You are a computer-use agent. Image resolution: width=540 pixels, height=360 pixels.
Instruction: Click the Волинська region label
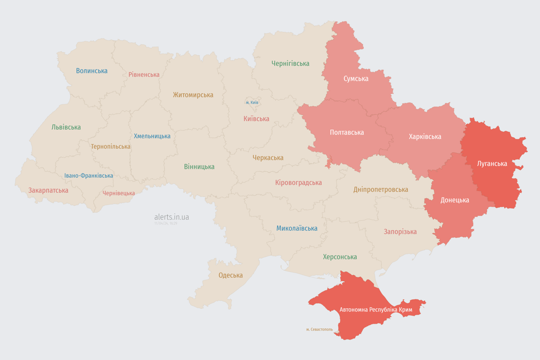pos(92,71)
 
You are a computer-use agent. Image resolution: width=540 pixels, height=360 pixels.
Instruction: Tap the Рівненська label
pos(144,75)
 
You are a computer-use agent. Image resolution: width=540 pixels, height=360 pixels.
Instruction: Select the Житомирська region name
pos(193,95)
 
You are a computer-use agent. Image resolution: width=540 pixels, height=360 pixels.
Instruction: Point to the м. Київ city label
pos(252,103)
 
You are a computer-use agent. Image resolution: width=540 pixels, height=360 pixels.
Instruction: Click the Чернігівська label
pos(290,63)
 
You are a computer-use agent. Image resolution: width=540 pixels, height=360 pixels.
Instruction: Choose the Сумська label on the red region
pos(356,79)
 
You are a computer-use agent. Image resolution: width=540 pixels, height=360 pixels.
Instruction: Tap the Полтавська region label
pos(347,133)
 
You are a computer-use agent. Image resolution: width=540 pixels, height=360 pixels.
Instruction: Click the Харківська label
pos(425,137)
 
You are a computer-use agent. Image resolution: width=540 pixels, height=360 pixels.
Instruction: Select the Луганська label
pos(492,164)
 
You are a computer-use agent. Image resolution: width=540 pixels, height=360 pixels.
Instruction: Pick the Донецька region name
pos(455,200)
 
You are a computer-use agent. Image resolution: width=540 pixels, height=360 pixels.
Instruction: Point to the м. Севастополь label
pos(319,330)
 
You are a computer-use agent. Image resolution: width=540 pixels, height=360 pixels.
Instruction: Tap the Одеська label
pos(231,275)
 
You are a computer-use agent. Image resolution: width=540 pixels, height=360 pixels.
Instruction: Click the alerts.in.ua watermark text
pos(172,217)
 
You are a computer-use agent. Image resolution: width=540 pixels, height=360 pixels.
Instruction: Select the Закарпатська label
pos(48,190)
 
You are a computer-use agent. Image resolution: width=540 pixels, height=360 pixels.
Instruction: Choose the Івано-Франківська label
pos(89,176)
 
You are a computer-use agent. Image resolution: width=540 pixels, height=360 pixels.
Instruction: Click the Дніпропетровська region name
pos(381,190)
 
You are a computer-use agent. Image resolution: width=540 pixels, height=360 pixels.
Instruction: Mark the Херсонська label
pos(340,257)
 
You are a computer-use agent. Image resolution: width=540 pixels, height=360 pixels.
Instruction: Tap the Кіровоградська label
pos(299,183)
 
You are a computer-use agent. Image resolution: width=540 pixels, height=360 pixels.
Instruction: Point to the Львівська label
pos(66,127)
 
